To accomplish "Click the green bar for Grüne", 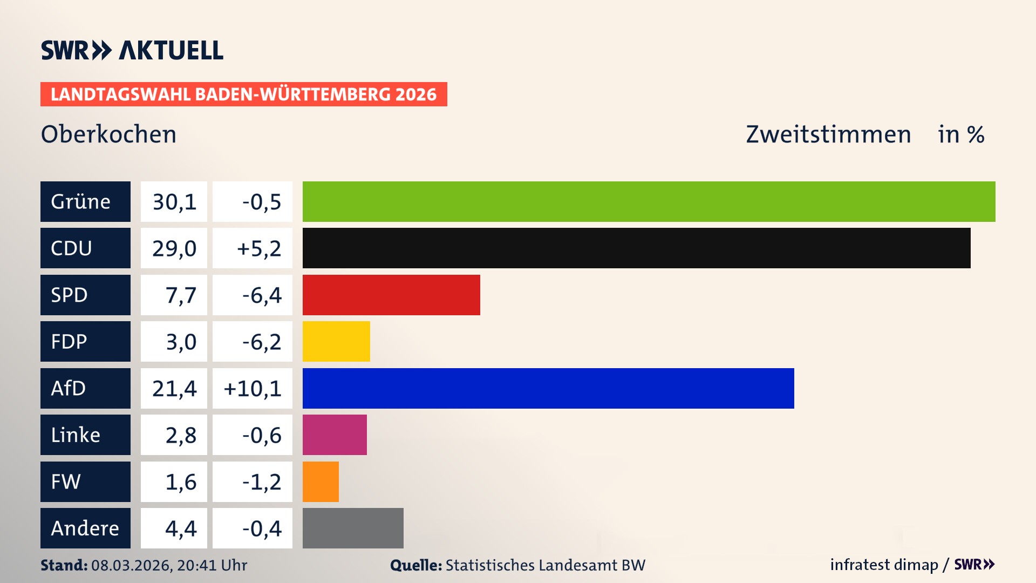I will click(x=649, y=201).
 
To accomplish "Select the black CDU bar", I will click(x=636, y=248).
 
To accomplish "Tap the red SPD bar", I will click(x=391, y=295).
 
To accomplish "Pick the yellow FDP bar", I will click(x=336, y=341).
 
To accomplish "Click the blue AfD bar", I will click(x=548, y=388).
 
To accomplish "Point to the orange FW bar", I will click(x=321, y=482).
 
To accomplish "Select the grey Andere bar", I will click(x=353, y=528).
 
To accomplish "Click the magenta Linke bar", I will click(x=335, y=435).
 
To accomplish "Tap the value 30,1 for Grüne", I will click(x=174, y=202).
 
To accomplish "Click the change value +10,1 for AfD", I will click(x=253, y=389).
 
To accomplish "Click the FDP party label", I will click(x=69, y=342).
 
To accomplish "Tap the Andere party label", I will click(x=85, y=528).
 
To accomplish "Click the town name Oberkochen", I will click(x=108, y=134).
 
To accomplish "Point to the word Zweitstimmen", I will click(x=828, y=134).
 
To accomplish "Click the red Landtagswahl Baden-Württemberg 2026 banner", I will click(x=243, y=94).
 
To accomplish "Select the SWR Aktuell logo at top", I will click(x=132, y=50).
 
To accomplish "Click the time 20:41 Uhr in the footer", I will click(x=212, y=565).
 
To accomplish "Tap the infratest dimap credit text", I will click(x=884, y=565).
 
